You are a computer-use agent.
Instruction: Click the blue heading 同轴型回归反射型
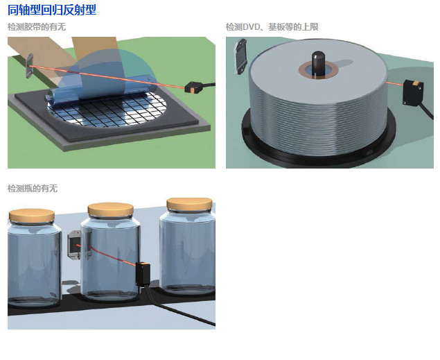52,10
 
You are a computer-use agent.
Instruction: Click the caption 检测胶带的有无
37,27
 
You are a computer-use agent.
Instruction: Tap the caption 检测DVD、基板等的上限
272,27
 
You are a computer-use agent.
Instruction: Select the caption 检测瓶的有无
33,188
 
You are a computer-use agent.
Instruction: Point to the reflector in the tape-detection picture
29,66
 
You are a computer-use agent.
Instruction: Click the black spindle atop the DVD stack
318,63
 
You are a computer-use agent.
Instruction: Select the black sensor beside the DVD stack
413,92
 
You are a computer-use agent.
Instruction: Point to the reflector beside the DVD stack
240,56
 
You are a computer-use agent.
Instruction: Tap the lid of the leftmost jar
32,216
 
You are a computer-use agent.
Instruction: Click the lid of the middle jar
111,209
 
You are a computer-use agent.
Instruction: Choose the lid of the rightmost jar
190,205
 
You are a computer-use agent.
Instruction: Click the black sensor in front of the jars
143,274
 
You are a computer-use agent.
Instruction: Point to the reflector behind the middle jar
75,245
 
